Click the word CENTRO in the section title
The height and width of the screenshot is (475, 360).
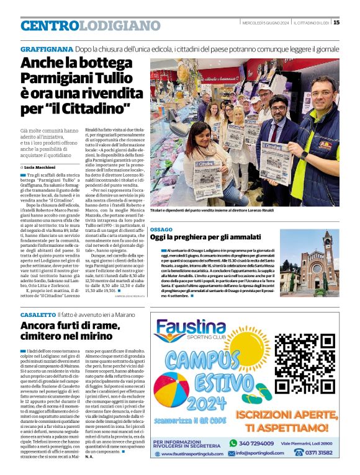[x=50, y=25]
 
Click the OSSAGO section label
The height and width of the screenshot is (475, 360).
[x=161, y=229]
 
